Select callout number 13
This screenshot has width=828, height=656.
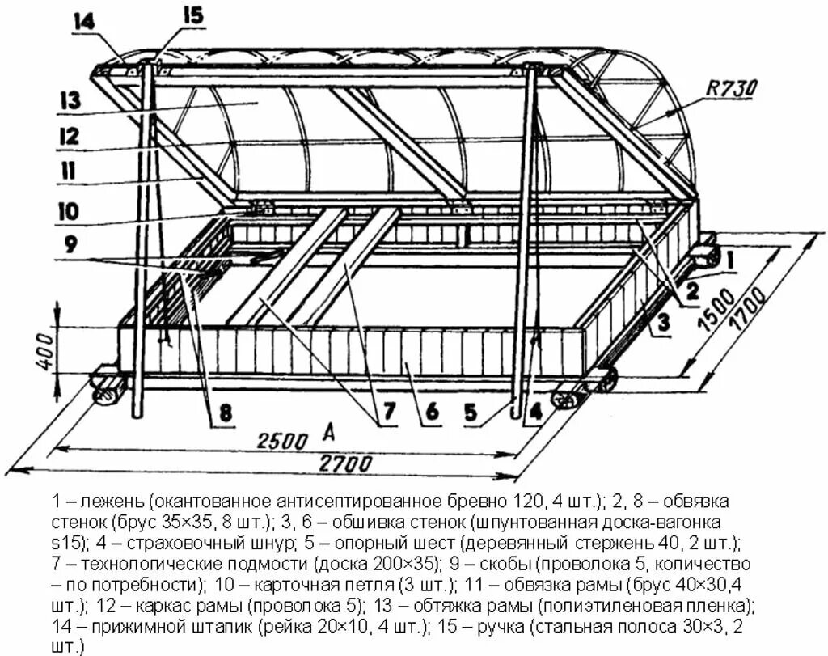coord(71,101)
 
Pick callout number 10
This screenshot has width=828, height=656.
coord(68,212)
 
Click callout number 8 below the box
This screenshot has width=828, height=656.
coord(225,414)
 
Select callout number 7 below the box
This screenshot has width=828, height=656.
coord(386,413)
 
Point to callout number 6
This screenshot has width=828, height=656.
coord(432,413)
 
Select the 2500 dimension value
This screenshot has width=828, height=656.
coord(282,441)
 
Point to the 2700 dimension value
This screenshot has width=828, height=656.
coord(346,464)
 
